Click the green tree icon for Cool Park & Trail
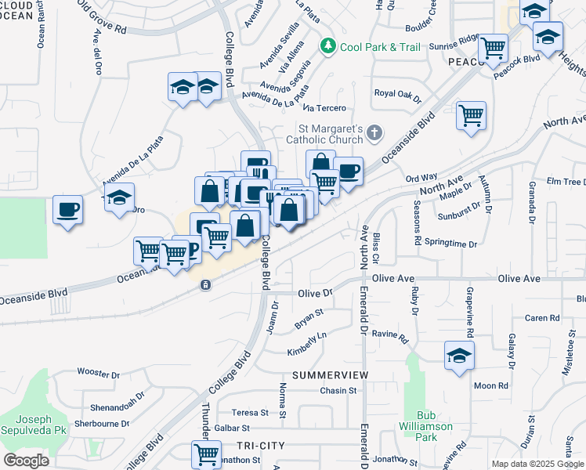pos(329,47)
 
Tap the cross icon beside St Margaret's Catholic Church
pos(374,132)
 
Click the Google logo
pos(26,460)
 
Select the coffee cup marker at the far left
pos(68,210)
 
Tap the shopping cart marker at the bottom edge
pos(206,454)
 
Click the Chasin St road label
pos(338,390)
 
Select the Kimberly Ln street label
pos(306,342)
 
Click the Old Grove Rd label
pos(100,19)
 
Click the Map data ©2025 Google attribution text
pos(537,464)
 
